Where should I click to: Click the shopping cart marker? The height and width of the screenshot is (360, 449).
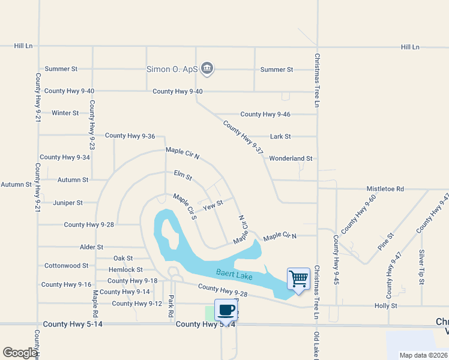(x=298, y=279)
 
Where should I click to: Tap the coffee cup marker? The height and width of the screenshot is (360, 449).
(x=226, y=311)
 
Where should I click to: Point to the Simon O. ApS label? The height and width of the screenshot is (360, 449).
(x=172, y=69)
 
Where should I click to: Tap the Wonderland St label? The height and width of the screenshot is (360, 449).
(x=291, y=158)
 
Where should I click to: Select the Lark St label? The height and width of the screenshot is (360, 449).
(x=280, y=136)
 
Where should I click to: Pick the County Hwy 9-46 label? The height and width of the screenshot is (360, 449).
(x=265, y=114)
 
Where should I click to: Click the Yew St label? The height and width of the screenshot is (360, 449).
(x=213, y=206)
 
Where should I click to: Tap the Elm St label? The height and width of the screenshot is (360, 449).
(x=182, y=176)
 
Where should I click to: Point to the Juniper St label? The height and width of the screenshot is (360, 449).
(x=68, y=203)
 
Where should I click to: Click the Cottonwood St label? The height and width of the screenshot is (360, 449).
(x=67, y=265)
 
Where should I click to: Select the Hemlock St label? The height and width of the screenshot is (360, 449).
(x=125, y=270)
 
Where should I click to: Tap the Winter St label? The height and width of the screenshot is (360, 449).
(x=65, y=113)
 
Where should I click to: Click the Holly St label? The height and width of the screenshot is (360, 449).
(x=386, y=305)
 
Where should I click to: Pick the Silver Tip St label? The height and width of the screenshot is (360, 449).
(x=422, y=267)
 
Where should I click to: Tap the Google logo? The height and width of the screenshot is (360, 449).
(x=20, y=353)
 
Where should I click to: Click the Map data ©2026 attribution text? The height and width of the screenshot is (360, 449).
(x=423, y=355)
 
